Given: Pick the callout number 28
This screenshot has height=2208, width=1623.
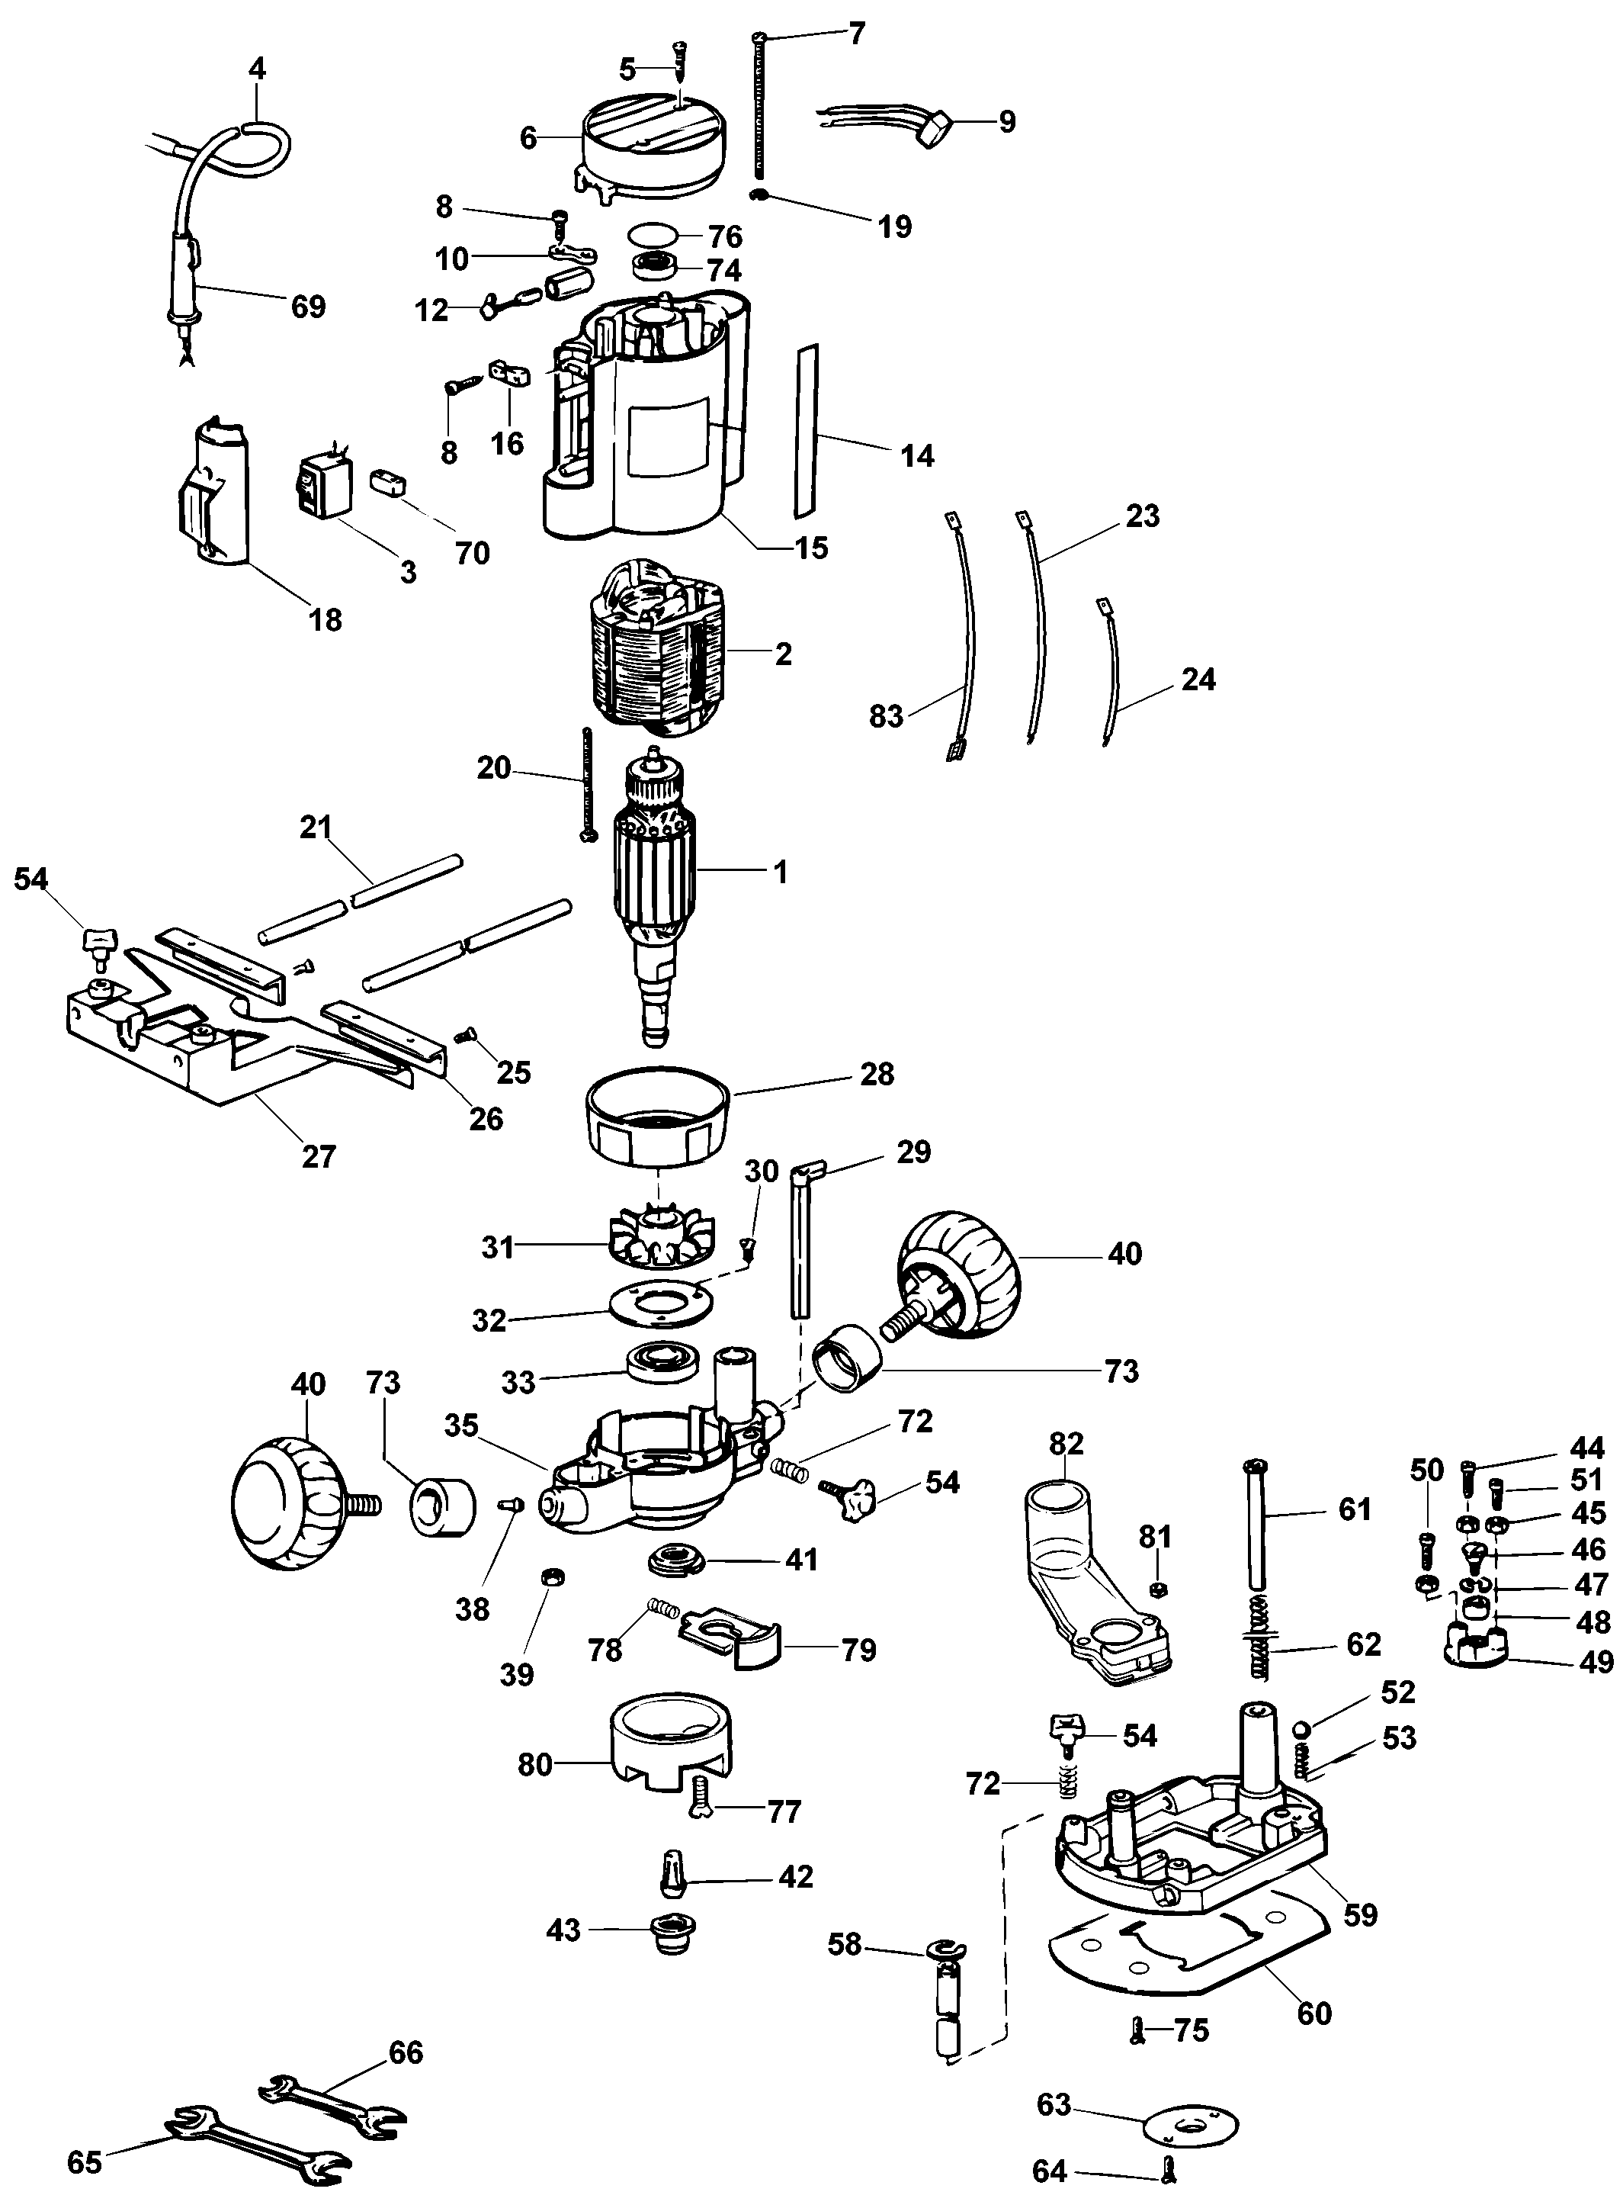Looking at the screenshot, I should pyautogui.click(x=877, y=1074).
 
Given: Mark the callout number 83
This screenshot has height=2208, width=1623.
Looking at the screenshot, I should pyautogui.click(x=886, y=716).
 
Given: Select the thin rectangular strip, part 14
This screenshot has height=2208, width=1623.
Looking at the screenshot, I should pyautogui.click(x=807, y=430).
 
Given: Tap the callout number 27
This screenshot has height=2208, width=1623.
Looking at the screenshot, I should pyautogui.click(x=319, y=1156).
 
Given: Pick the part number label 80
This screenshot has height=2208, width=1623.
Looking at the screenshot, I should pyautogui.click(x=535, y=1765).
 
